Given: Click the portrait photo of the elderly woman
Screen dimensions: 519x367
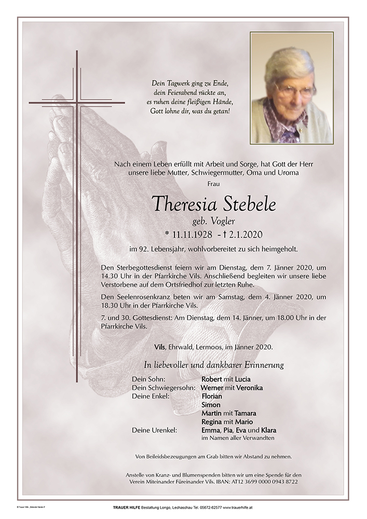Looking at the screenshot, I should pos(291,88).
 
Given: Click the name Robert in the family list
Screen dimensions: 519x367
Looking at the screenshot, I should pos(211,379).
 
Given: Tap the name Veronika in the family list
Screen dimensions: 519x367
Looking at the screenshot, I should pos(249,388).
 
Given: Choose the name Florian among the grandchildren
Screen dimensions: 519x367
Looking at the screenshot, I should pos(212,397).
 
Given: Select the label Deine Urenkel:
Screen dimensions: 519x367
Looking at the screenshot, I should pos(155,430).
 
